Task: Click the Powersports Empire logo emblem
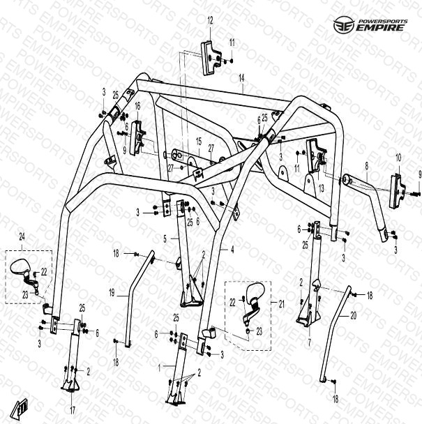[x=344, y=25]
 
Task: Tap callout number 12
[x=210, y=20]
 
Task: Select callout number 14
[x=241, y=78]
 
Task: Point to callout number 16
[x=137, y=106]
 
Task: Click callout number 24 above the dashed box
[x=22, y=237]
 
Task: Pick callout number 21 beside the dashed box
[x=282, y=304]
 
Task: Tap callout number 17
[x=73, y=410]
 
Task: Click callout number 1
[x=160, y=368]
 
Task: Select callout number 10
[x=398, y=158]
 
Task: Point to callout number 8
[x=366, y=166]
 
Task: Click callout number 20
[x=353, y=316]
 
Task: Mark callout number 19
[x=112, y=293]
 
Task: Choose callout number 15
[x=199, y=141]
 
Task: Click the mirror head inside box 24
[x=20, y=266]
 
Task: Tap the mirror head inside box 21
[x=255, y=291]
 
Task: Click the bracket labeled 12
[x=211, y=58]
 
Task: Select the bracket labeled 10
[x=397, y=191]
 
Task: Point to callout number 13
[x=321, y=188]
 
